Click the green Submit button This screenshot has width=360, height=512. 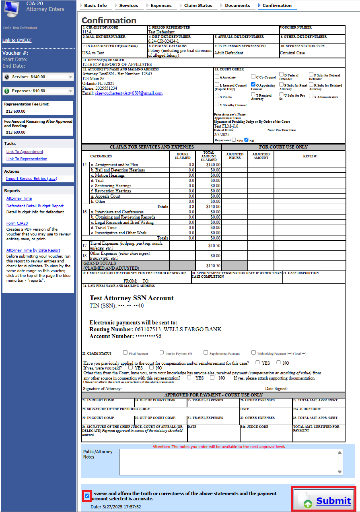click(323, 500)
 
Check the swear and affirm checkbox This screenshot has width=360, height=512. click(87, 495)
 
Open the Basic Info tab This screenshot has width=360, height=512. click(95, 5)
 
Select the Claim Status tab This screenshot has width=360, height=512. click(198, 5)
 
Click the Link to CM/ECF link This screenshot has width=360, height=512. click(17, 40)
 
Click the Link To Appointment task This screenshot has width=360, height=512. click(25, 152)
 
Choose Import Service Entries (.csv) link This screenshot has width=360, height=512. click(31, 179)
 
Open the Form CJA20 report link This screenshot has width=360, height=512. click(17, 223)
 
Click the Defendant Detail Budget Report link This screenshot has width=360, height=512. click(35, 206)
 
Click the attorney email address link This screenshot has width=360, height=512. click(128, 93)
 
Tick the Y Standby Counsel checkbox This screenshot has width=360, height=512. click(217, 104)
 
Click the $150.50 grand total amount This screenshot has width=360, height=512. click(213, 266)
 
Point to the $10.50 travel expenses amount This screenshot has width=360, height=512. click(214, 246)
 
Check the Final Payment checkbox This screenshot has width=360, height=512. click(125, 353)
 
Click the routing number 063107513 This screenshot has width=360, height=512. click(147, 329)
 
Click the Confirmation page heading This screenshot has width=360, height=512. click(109, 21)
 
